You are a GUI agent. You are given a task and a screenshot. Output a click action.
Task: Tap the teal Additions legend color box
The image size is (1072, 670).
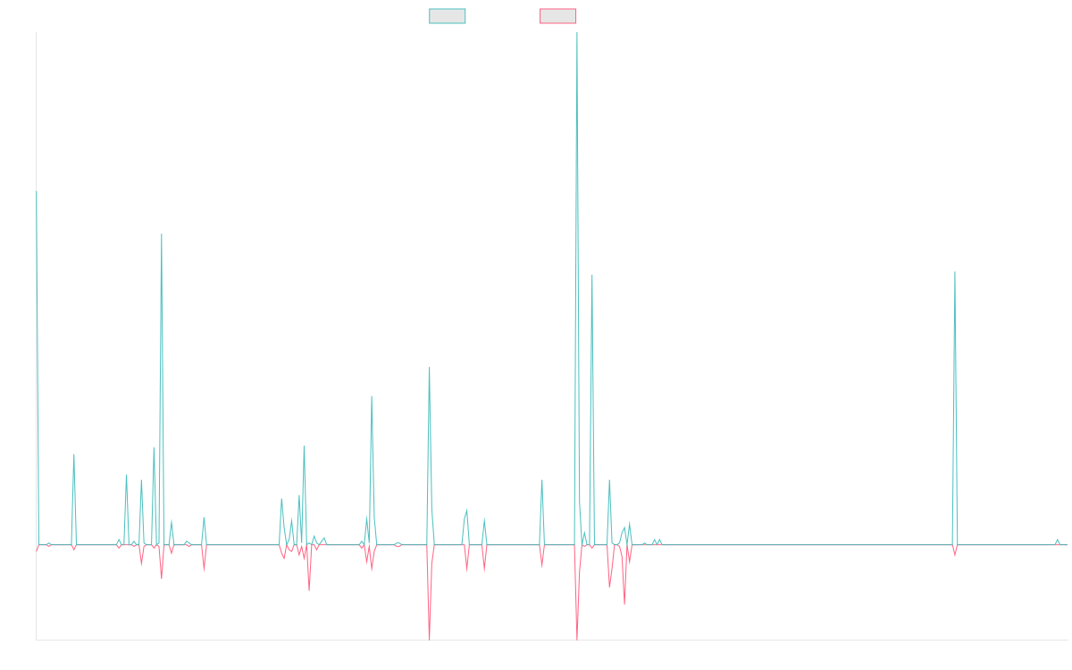448,16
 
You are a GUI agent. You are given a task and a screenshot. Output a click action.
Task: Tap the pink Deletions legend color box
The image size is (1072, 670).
558,16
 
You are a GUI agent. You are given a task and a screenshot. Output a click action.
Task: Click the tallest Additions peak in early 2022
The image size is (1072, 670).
577,34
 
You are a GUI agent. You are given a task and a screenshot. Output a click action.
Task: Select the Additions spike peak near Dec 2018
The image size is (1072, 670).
162,234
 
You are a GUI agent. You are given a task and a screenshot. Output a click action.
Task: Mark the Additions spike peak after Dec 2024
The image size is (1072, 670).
954,272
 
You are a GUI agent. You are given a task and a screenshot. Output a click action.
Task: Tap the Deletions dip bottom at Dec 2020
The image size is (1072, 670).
429,639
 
